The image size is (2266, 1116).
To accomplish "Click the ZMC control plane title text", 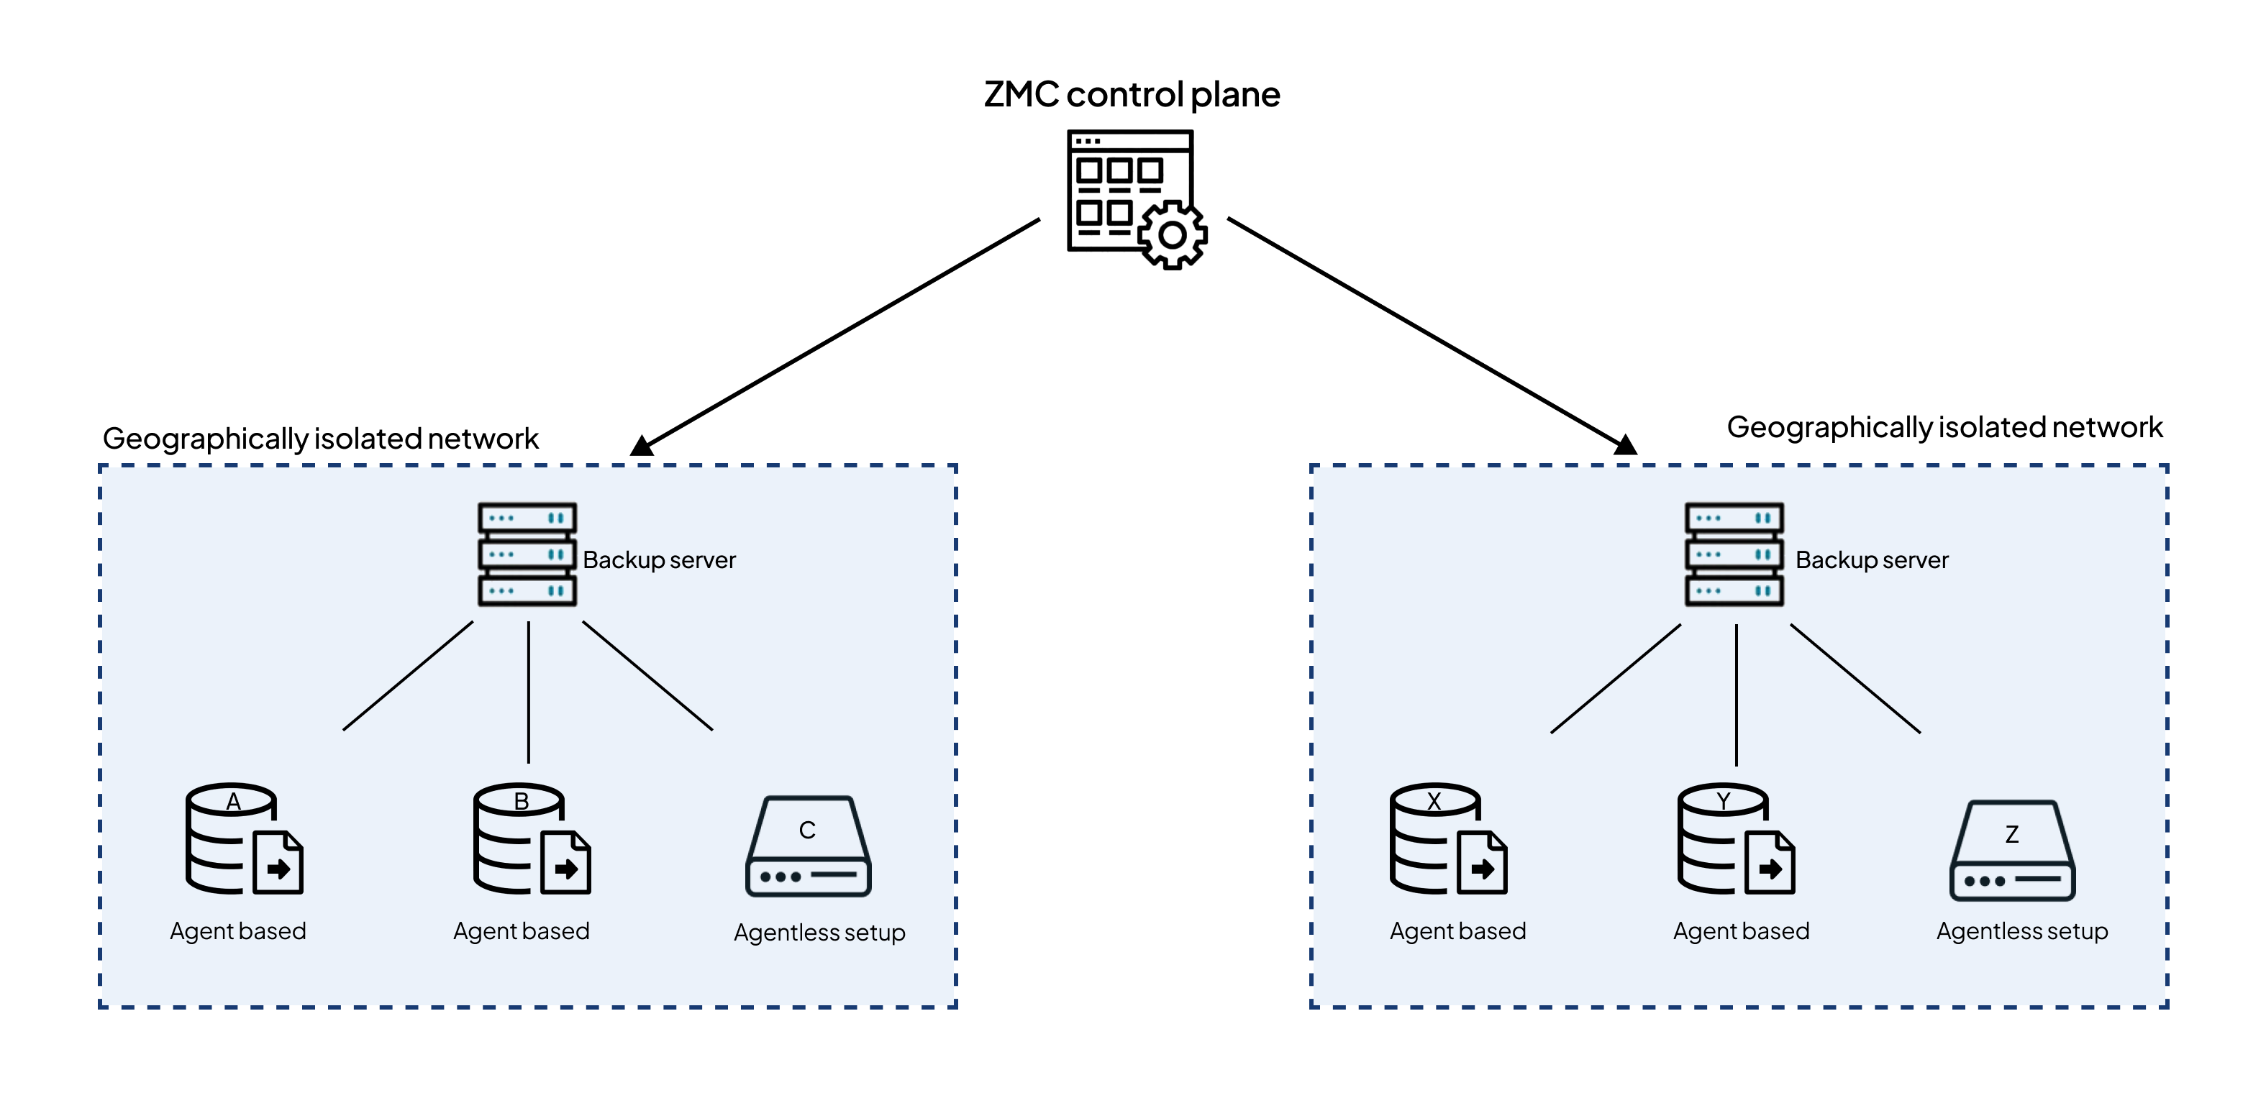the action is pyautogui.click(x=1132, y=94).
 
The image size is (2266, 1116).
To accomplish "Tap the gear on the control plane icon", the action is pyautogui.click(x=1173, y=235).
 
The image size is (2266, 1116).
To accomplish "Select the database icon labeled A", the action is pyautogui.click(x=245, y=839).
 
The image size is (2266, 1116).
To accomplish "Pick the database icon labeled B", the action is pyautogui.click(x=532, y=839).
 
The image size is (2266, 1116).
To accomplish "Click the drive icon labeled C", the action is pyautogui.click(x=809, y=846).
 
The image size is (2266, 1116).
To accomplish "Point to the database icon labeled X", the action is pyautogui.click(x=1449, y=839).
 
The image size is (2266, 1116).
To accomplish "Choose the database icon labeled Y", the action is pyautogui.click(x=1737, y=839).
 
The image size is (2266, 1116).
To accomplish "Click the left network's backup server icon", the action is pyautogui.click(x=527, y=554).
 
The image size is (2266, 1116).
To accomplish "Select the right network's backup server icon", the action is pyautogui.click(x=1734, y=554).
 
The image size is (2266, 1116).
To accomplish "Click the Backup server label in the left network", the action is pyautogui.click(x=659, y=560).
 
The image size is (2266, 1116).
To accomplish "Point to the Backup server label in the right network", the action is pyautogui.click(x=1872, y=560).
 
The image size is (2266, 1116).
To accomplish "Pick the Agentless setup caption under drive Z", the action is pyautogui.click(x=2022, y=931).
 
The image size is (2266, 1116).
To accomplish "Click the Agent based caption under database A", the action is pyautogui.click(x=237, y=931).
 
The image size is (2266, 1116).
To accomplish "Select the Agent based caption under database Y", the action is pyautogui.click(x=1741, y=931).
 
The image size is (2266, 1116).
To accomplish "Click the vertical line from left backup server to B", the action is pyautogui.click(x=529, y=692).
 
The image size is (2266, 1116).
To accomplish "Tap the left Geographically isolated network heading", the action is pyautogui.click(x=320, y=439).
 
